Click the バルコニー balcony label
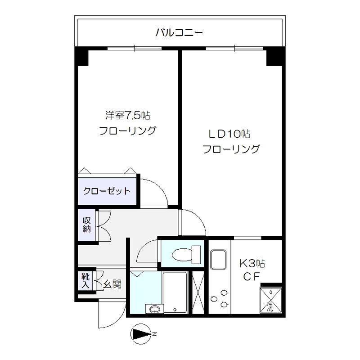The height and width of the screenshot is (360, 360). pos(179,32)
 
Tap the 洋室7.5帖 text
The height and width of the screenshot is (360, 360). pos(127,116)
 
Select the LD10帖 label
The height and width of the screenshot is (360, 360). pos(229,134)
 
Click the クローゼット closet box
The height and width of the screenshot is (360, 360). pos(107,191)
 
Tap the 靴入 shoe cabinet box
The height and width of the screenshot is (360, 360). pos(85,280)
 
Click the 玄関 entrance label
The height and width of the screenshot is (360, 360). pos(111,284)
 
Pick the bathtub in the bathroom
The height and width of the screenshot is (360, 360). pos(175,292)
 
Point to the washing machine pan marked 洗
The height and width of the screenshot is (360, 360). pos(270,299)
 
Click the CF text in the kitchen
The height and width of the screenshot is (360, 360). pos(251,277)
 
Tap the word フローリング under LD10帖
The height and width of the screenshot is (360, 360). pos(231,149)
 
